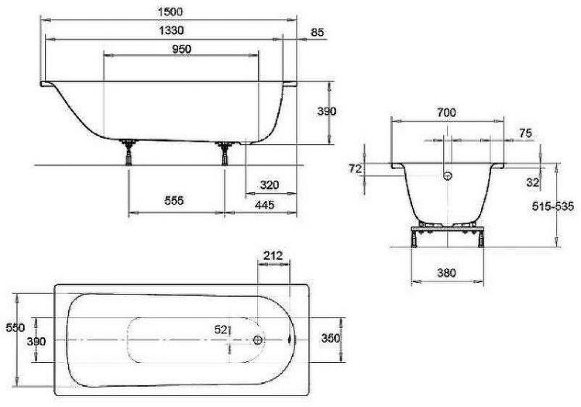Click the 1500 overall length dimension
click(170, 12)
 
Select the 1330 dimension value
click(171, 30)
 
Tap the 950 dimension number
click(181, 49)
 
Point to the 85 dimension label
click(317, 33)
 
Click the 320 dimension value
click(270, 185)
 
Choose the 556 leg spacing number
click(174, 201)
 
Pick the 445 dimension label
click(265, 205)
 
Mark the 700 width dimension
click(446, 112)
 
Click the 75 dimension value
click(525, 133)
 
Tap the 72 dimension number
click(355, 169)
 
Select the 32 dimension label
click(532, 182)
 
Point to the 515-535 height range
click(553, 206)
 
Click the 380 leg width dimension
click(446, 273)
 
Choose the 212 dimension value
click(273, 255)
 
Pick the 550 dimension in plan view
click(15, 328)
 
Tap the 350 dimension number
click(331, 338)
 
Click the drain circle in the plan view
click(258, 340)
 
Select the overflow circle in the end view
click(448, 176)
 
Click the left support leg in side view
click(129, 152)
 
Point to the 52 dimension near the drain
click(222, 329)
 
